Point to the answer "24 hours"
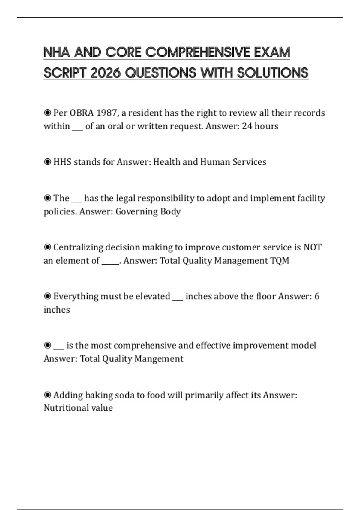tap(260, 126)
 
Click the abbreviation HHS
tap(62, 162)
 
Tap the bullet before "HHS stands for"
tap(47, 162)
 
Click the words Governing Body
tap(148, 211)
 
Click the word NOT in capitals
tap(312, 247)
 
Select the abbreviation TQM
tap(280, 261)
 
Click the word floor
tap(266, 296)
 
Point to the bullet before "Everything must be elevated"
tap(47, 296)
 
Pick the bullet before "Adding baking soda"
tap(47, 395)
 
